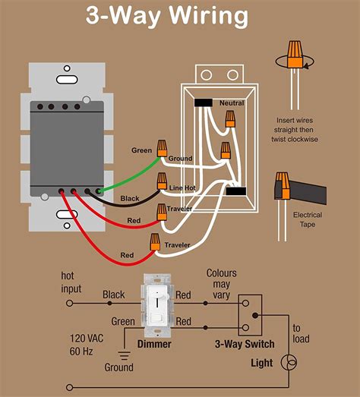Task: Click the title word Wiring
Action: [209, 16]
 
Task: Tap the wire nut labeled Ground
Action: [162, 148]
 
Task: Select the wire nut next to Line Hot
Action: [162, 181]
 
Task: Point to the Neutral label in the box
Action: [232, 103]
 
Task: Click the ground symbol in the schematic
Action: [124, 355]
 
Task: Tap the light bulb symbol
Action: [289, 362]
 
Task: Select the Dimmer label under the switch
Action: [154, 344]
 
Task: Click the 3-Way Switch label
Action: [245, 344]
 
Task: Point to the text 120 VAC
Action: [87, 339]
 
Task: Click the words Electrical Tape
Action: [308, 219]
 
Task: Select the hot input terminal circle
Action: [69, 303]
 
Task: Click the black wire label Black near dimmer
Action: [130, 198]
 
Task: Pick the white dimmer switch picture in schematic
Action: [157, 305]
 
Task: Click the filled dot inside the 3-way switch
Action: [255, 316]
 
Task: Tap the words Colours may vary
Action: [222, 284]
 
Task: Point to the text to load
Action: [301, 333]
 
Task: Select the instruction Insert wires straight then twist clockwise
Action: [295, 130]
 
